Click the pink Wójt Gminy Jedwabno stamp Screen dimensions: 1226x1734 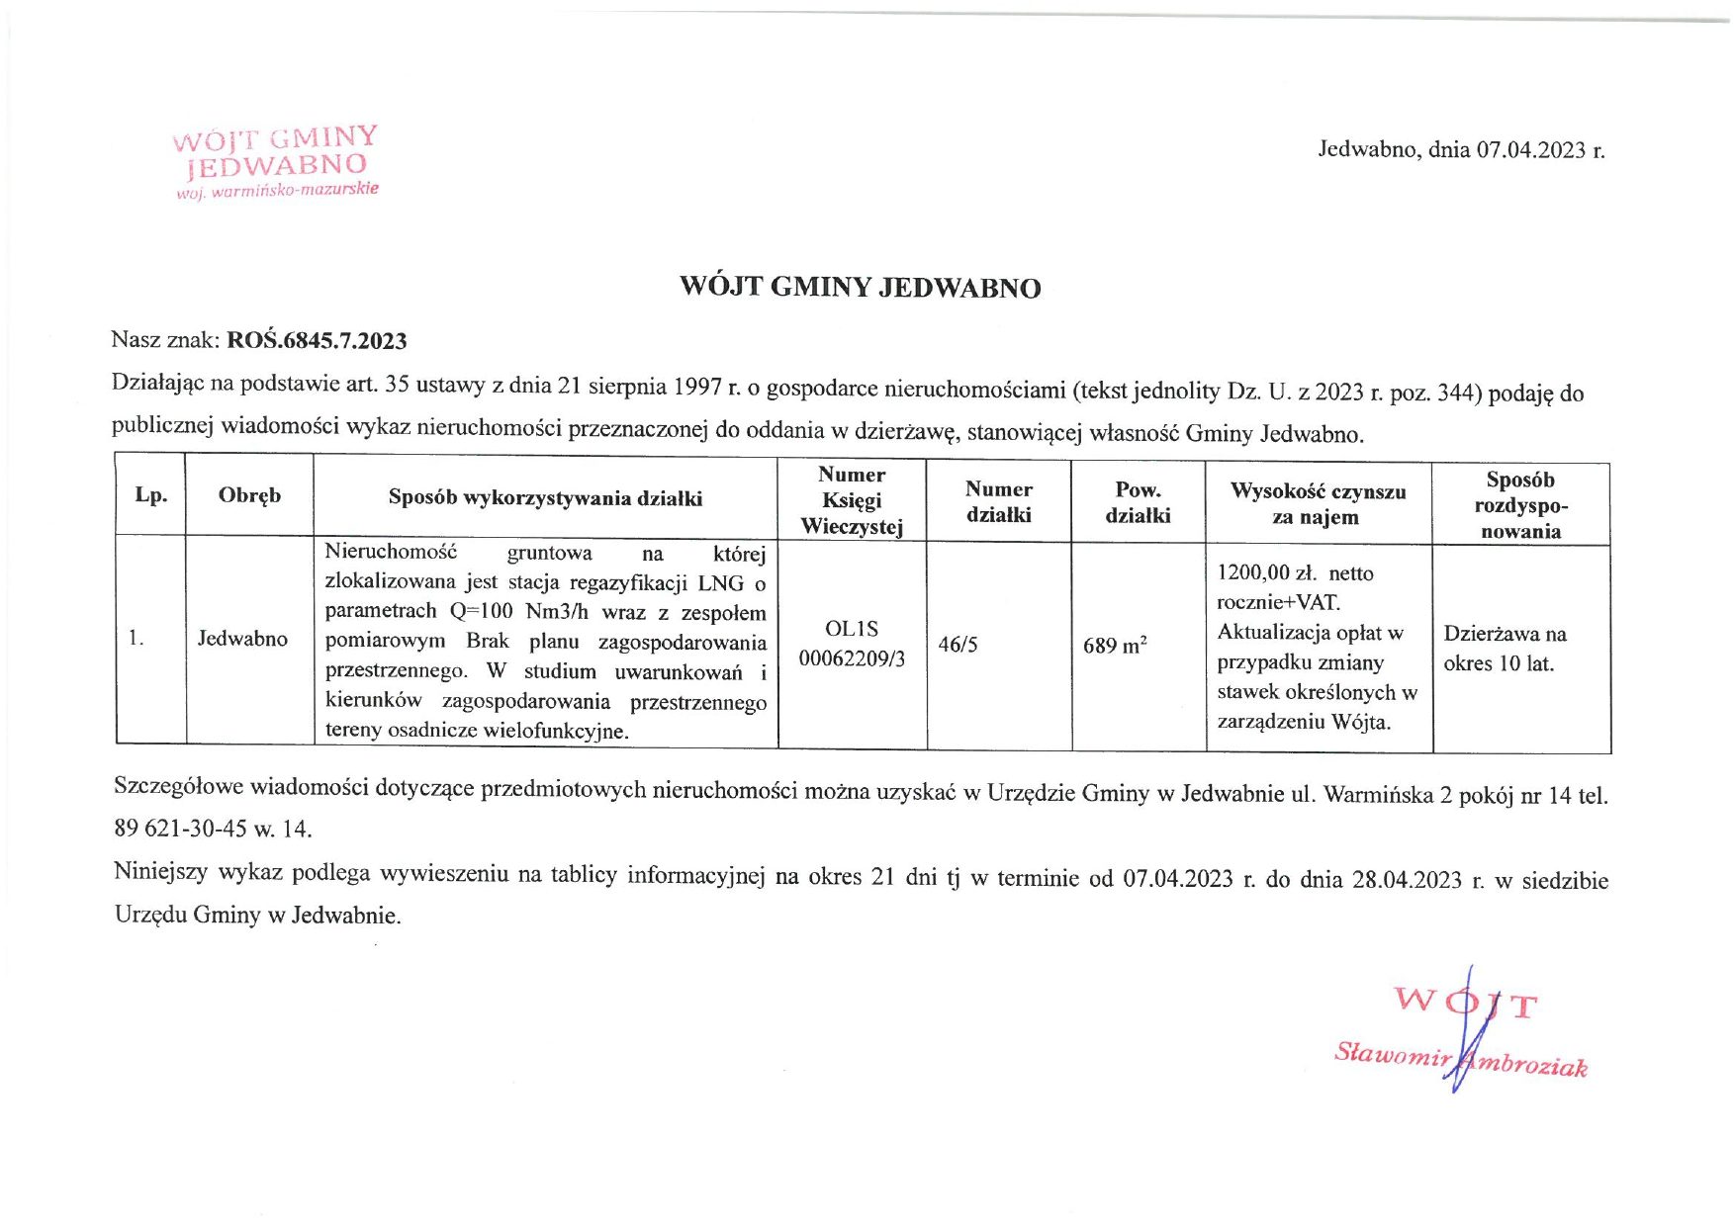tap(276, 162)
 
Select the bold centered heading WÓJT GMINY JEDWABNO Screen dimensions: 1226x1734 tap(860, 288)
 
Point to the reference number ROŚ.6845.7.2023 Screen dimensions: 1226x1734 tap(317, 341)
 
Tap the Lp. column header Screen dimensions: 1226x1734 tap(150, 495)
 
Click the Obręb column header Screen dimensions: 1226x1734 tap(249, 495)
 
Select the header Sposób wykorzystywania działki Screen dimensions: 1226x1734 tap(545, 498)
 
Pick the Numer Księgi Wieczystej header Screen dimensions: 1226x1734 tap(852, 500)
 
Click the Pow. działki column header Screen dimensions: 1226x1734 tap(1138, 502)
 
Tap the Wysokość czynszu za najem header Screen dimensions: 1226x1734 tap(1318, 504)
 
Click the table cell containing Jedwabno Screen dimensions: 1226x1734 tap(242, 639)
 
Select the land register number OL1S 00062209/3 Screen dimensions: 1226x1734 tap(852, 644)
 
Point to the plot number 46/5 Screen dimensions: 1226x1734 tap(958, 645)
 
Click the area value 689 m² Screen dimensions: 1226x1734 tap(1115, 646)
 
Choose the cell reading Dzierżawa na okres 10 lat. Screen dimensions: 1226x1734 tap(1505, 649)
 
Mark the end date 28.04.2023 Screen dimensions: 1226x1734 tap(1406, 880)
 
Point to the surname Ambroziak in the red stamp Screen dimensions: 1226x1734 tap(1528, 1064)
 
